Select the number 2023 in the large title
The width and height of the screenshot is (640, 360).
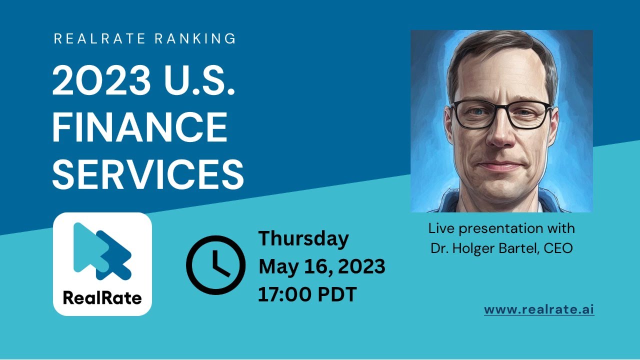tap(102, 81)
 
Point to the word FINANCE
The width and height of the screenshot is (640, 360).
tap(139, 127)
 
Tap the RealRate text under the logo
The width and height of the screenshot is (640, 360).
tap(102, 298)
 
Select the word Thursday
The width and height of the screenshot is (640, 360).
tap(303, 238)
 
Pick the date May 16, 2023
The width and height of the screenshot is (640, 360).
tap(321, 266)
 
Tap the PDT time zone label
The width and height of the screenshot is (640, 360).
tap(338, 294)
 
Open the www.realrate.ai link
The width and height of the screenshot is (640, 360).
tap(539, 309)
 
